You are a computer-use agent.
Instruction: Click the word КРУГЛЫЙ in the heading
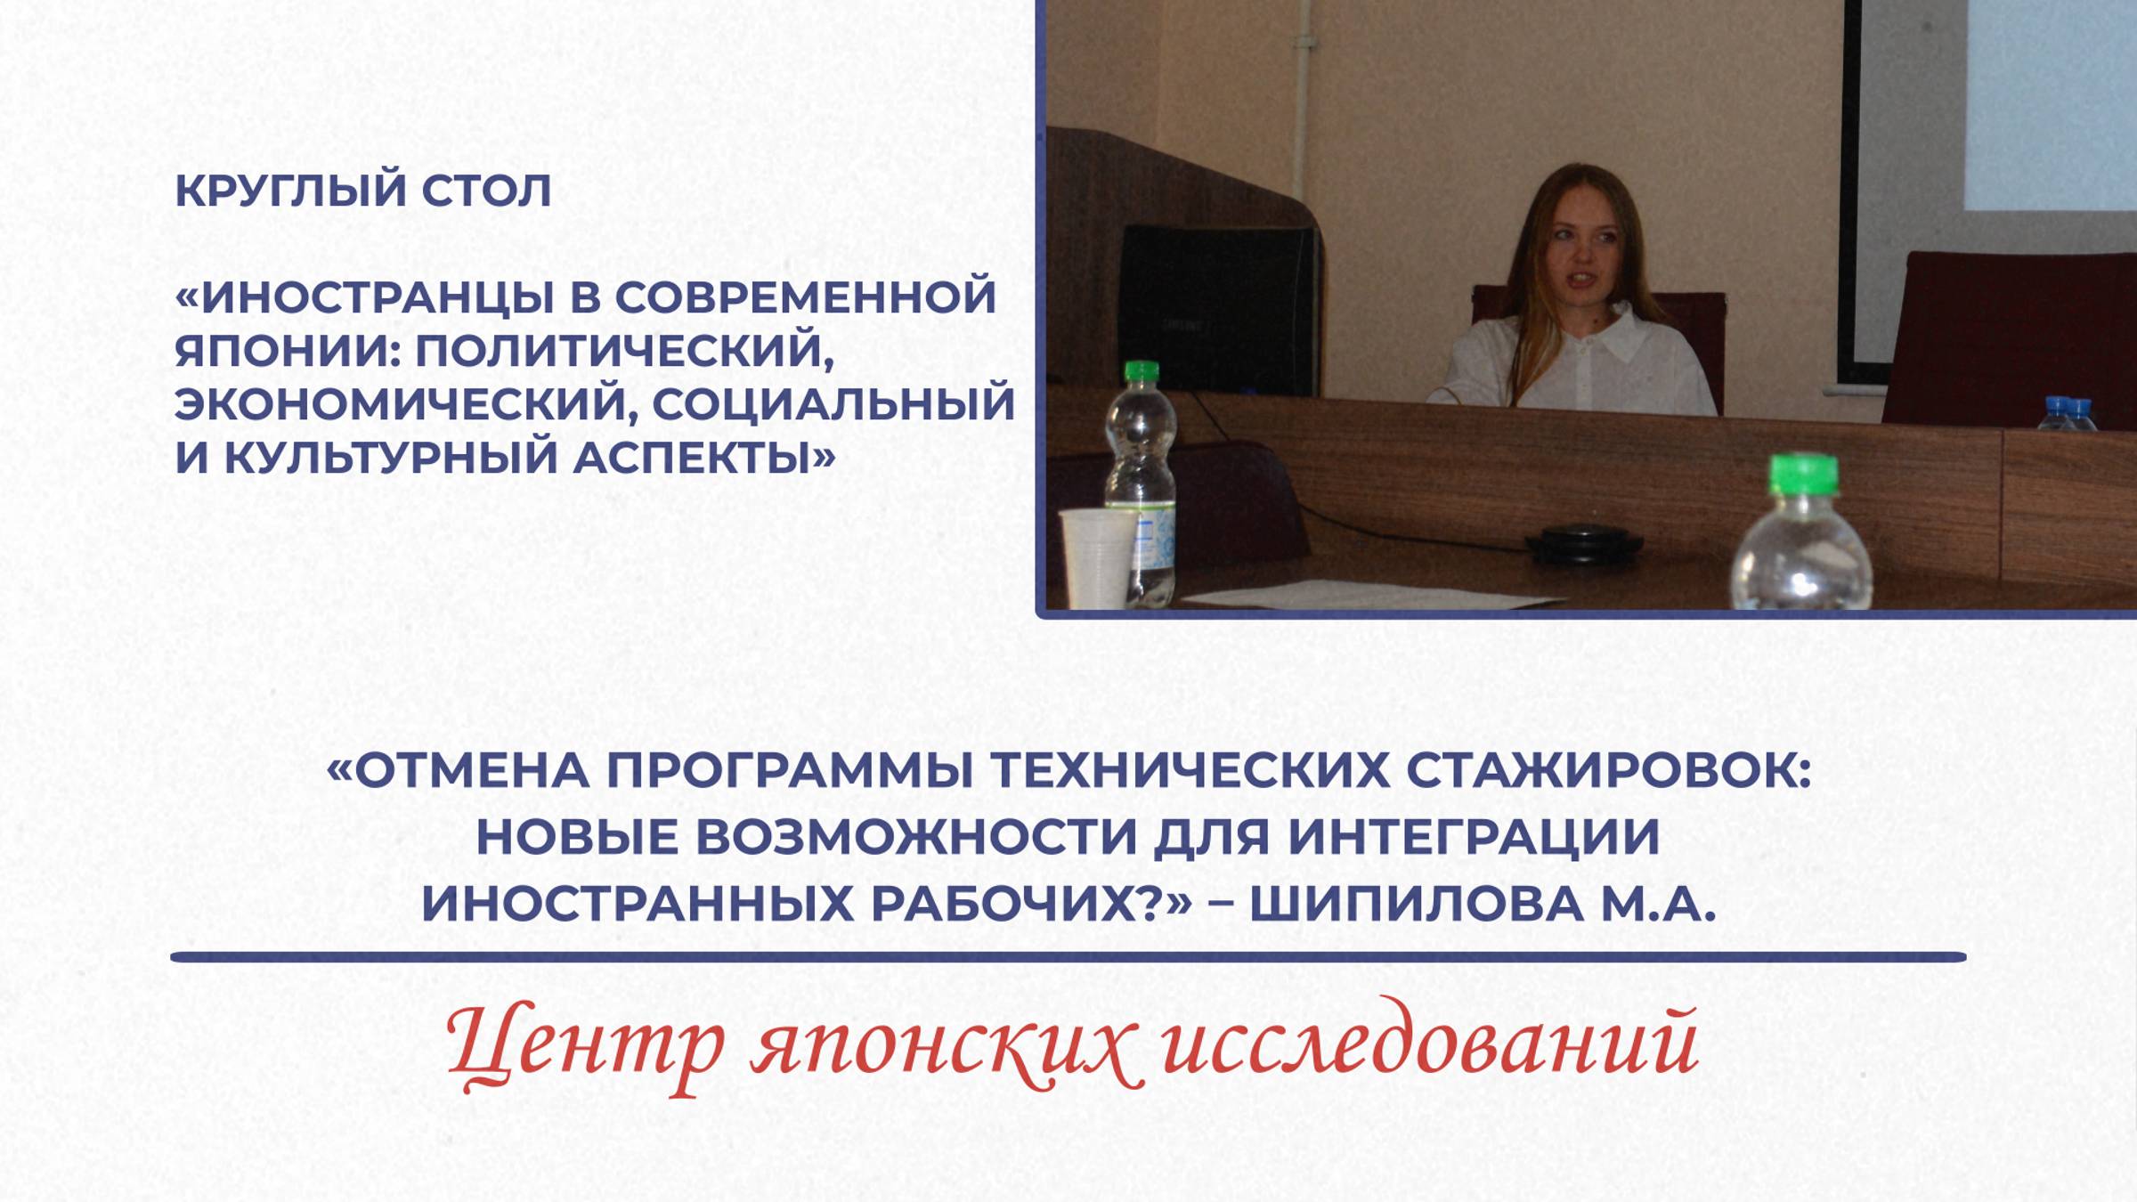[289, 191]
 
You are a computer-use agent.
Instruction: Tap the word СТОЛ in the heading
[486, 191]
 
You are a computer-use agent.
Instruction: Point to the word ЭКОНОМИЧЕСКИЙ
[406, 403]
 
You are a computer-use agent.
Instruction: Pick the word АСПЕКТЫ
[703, 457]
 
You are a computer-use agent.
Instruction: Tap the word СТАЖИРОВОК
[1607, 770]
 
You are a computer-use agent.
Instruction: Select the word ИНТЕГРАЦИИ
[1474, 837]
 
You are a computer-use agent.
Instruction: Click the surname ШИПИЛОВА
[1416, 904]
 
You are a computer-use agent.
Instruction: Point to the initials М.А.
[1658, 904]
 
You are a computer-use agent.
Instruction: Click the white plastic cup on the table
[1097, 556]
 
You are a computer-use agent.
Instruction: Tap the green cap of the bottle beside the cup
[1142, 371]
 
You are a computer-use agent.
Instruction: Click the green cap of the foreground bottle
[1803, 475]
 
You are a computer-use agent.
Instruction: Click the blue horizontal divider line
[1068, 957]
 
